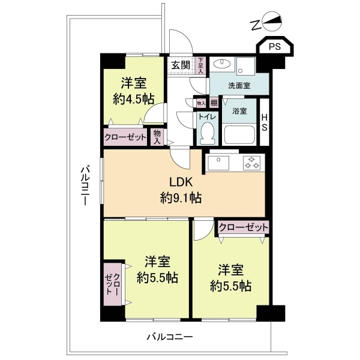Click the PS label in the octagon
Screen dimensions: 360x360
[274, 46]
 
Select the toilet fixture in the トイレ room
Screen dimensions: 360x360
[208, 131]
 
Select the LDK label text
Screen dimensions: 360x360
[181, 182]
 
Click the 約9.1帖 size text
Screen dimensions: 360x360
[181, 197]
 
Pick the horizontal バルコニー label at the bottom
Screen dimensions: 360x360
[170, 337]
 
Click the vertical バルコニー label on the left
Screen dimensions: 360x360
[85, 187]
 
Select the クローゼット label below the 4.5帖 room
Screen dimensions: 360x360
[125, 137]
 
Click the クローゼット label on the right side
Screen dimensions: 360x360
[243, 227]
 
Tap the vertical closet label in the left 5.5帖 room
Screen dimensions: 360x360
[112, 284]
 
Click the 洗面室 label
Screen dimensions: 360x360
[239, 86]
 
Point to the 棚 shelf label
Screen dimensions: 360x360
[214, 103]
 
